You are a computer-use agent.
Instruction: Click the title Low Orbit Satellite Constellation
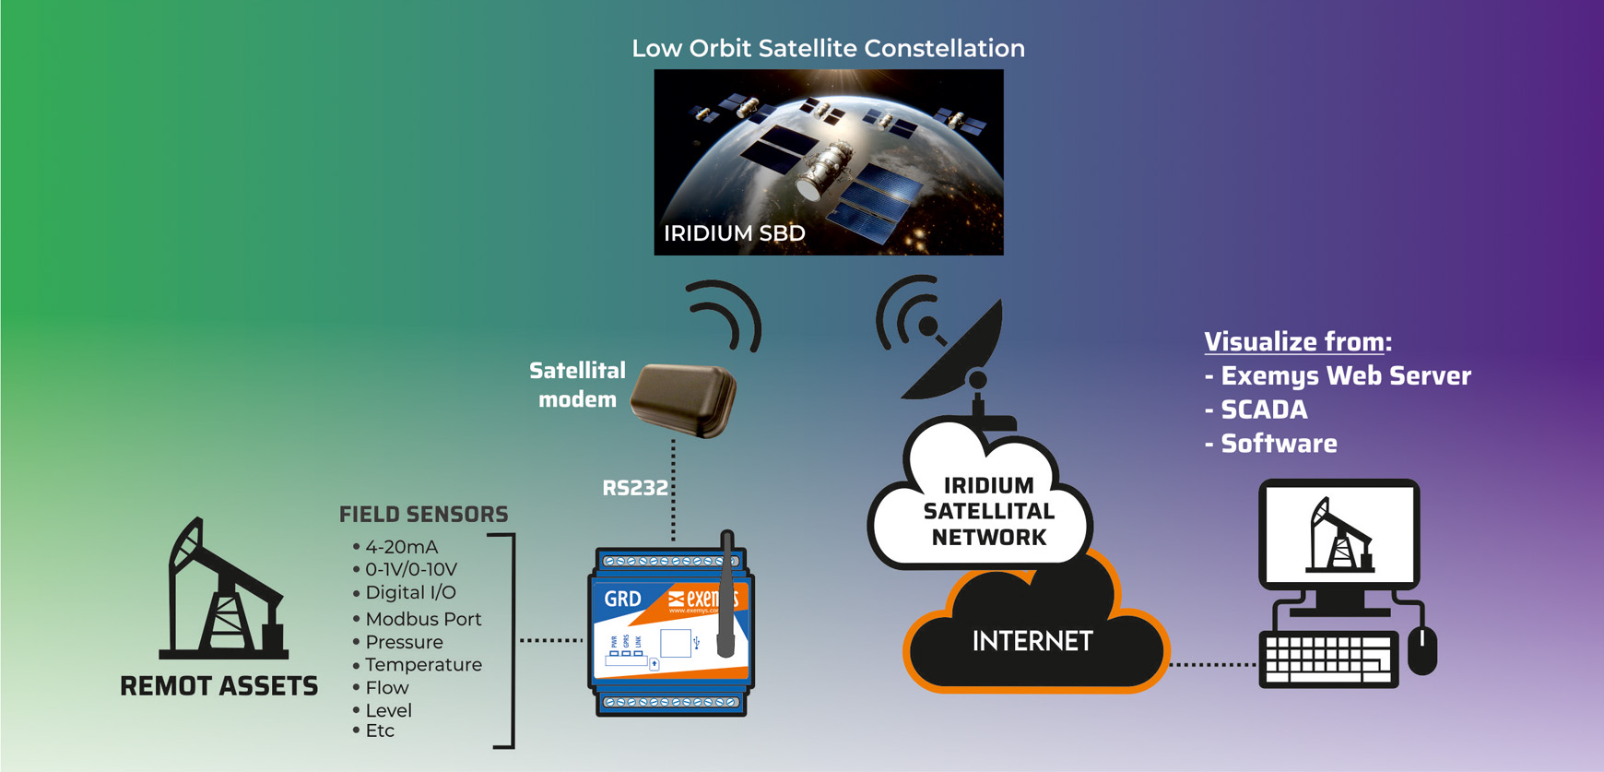coord(828,48)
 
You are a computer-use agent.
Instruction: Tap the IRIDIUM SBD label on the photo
coord(734,233)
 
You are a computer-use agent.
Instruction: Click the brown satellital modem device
coord(684,399)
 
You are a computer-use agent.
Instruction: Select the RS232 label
coord(634,488)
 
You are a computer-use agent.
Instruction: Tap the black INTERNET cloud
coord(1032,641)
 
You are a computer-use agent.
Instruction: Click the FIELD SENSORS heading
coord(423,514)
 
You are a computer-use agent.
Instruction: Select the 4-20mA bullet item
coord(401,547)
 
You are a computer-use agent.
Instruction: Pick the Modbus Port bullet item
coord(423,619)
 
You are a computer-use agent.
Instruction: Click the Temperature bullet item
coord(423,664)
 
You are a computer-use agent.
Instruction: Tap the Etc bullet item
coord(380,730)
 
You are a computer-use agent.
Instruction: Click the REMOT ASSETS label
coord(218,686)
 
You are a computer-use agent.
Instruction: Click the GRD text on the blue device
coord(622,599)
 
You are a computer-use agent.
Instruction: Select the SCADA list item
coord(1263,410)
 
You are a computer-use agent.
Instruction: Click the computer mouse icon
coord(1422,650)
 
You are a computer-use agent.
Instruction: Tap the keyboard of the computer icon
coord(1328,659)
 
